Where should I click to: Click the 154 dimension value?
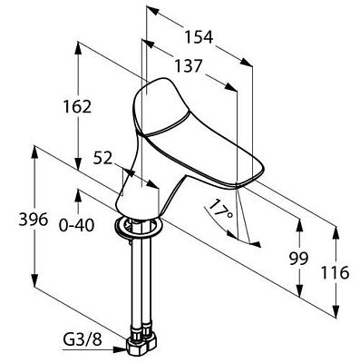click(199, 37)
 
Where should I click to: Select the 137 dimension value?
click(188, 65)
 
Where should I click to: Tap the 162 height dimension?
click(77, 106)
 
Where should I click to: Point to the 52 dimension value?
click(102, 158)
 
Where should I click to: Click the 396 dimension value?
click(34, 219)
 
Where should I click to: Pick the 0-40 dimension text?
click(76, 225)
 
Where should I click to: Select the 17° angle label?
click(221, 210)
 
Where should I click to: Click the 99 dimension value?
click(298, 259)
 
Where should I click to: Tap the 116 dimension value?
click(335, 272)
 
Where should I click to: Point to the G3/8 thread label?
click(83, 340)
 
